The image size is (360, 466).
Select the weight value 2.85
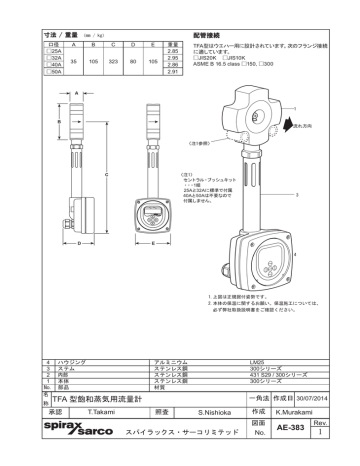171,49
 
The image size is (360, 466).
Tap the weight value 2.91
171,73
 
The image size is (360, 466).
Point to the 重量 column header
171,42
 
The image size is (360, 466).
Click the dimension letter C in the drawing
106,174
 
